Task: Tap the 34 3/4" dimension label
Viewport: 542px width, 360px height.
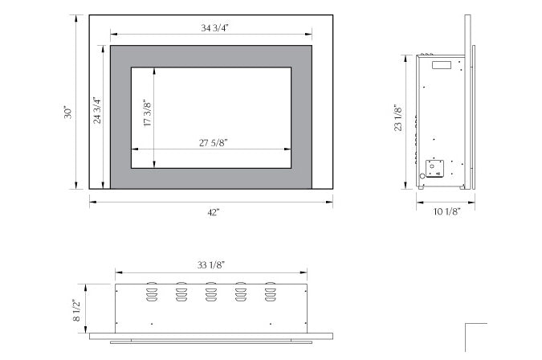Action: pos(212,28)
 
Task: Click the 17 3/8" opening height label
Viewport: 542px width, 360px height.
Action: pos(147,114)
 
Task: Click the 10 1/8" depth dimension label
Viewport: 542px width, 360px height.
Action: pos(446,212)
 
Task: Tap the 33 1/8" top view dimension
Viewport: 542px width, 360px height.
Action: pos(211,264)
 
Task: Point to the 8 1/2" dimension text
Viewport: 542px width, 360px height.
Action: pos(77,310)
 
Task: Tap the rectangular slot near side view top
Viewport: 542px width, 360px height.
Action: pos(442,64)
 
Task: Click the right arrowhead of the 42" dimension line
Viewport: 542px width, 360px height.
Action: pos(329,202)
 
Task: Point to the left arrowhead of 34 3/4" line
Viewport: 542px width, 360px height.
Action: pos(113,35)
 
